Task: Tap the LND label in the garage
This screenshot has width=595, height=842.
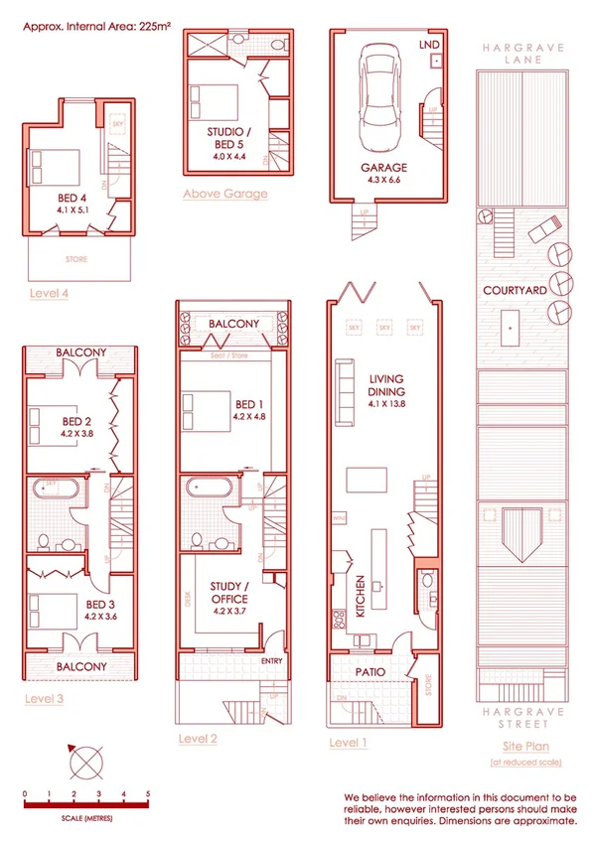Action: click(430, 46)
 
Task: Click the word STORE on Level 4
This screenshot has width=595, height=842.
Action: click(76, 260)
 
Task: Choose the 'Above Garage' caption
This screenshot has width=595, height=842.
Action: click(224, 194)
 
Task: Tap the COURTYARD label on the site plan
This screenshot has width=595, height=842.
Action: click(514, 291)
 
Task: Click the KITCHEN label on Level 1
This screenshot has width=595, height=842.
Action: click(361, 597)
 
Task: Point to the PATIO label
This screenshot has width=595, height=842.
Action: click(370, 672)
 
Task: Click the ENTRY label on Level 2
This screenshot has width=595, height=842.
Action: click(271, 660)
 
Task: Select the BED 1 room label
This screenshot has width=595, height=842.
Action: click(249, 405)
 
